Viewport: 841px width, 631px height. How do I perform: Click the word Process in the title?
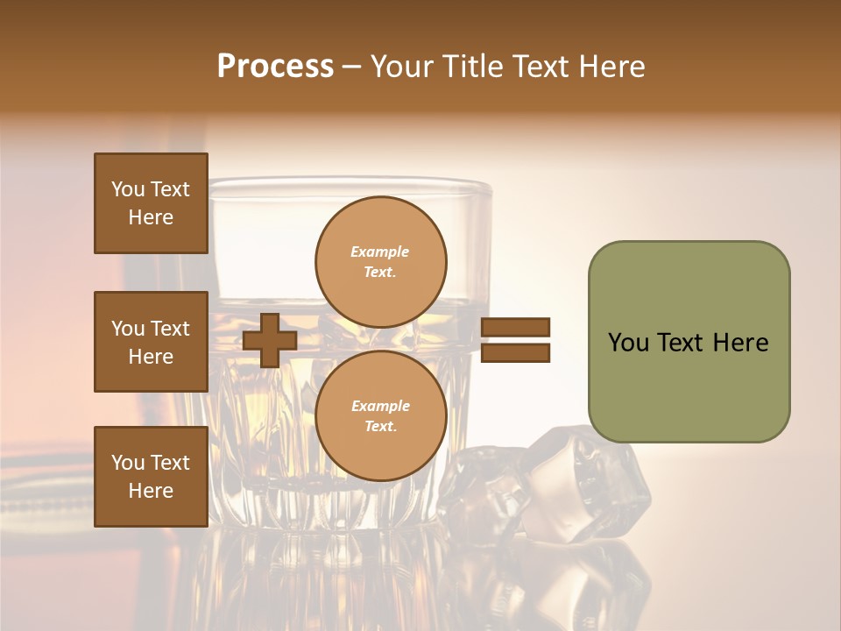point(275,67)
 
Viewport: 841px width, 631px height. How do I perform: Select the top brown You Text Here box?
point(151,203)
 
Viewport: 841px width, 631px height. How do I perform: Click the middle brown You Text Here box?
point(151,342)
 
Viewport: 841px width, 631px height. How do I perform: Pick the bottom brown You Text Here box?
point(151,477)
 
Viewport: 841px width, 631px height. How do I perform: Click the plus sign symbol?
point(270,341)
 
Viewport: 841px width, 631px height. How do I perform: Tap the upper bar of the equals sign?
point(515,327)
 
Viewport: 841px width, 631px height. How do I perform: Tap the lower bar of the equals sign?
point(515,353)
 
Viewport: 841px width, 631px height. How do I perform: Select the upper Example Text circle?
point(381,262)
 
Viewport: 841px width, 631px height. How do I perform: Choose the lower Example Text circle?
point(381,416)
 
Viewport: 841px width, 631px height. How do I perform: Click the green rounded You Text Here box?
point(689,342)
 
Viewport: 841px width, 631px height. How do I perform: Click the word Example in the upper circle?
point(380,252)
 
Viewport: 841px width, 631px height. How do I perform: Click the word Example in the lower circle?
point(380,407)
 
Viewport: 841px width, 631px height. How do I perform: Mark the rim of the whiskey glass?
point(350,184)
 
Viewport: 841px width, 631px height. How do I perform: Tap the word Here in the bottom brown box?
point(151,491)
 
